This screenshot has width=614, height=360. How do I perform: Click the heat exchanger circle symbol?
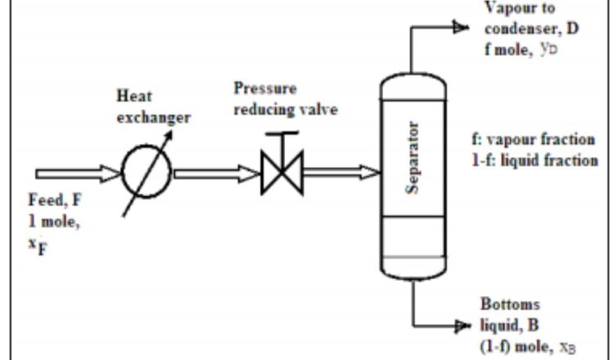click(146, 173)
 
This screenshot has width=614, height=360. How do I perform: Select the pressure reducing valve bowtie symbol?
click(281, 173)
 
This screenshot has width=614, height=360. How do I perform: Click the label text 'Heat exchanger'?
click(152, 107)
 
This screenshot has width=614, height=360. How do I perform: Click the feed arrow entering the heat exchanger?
click(78, 173)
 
